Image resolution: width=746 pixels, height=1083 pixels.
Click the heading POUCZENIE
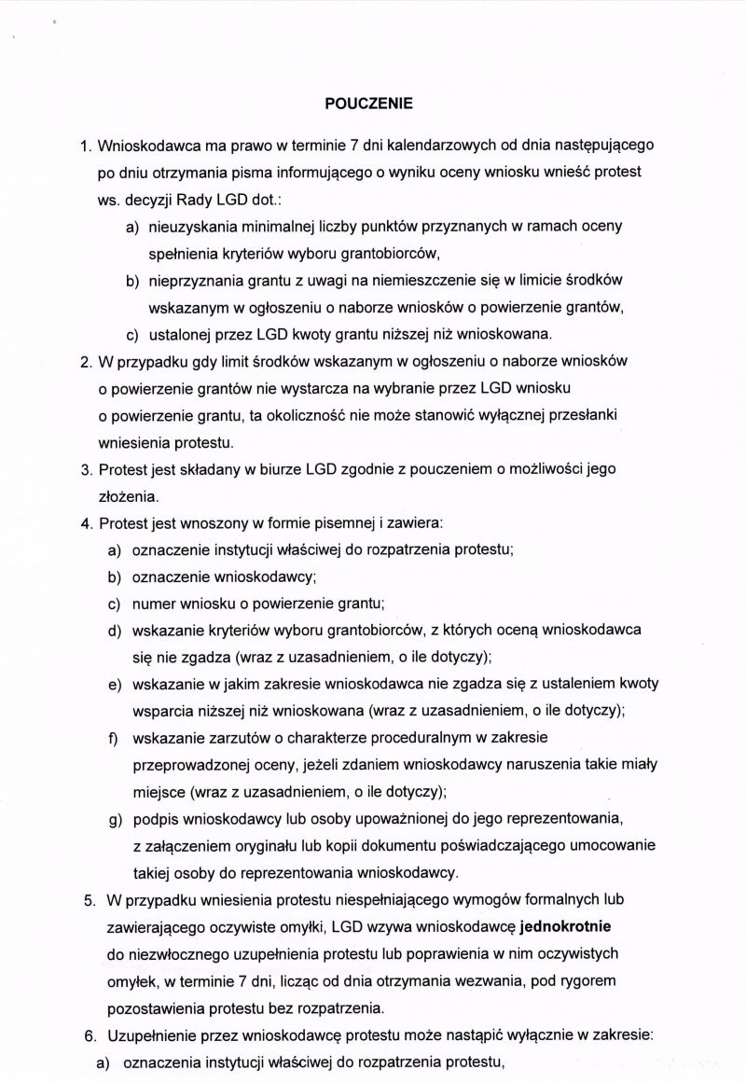[x=366, y=104]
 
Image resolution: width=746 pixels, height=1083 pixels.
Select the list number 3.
[x=85, y=468]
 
